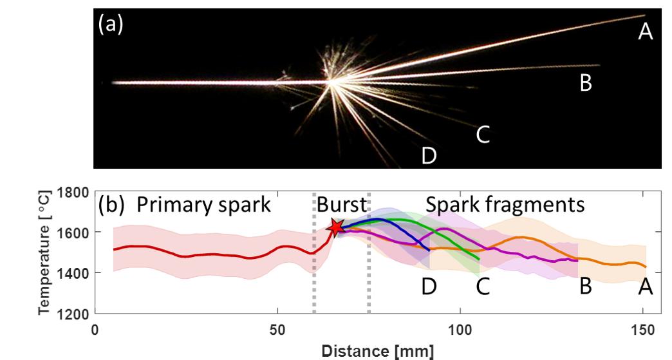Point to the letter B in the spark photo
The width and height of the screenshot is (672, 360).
585,83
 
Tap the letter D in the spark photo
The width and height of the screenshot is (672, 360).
429,155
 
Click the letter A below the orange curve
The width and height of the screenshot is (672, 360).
645,287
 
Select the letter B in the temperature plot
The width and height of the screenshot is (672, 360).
585,287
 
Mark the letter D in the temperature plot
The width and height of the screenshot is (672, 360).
429,287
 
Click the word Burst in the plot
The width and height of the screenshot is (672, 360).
341,205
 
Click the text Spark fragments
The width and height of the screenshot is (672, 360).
505,205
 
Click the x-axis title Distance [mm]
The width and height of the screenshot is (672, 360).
369,351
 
